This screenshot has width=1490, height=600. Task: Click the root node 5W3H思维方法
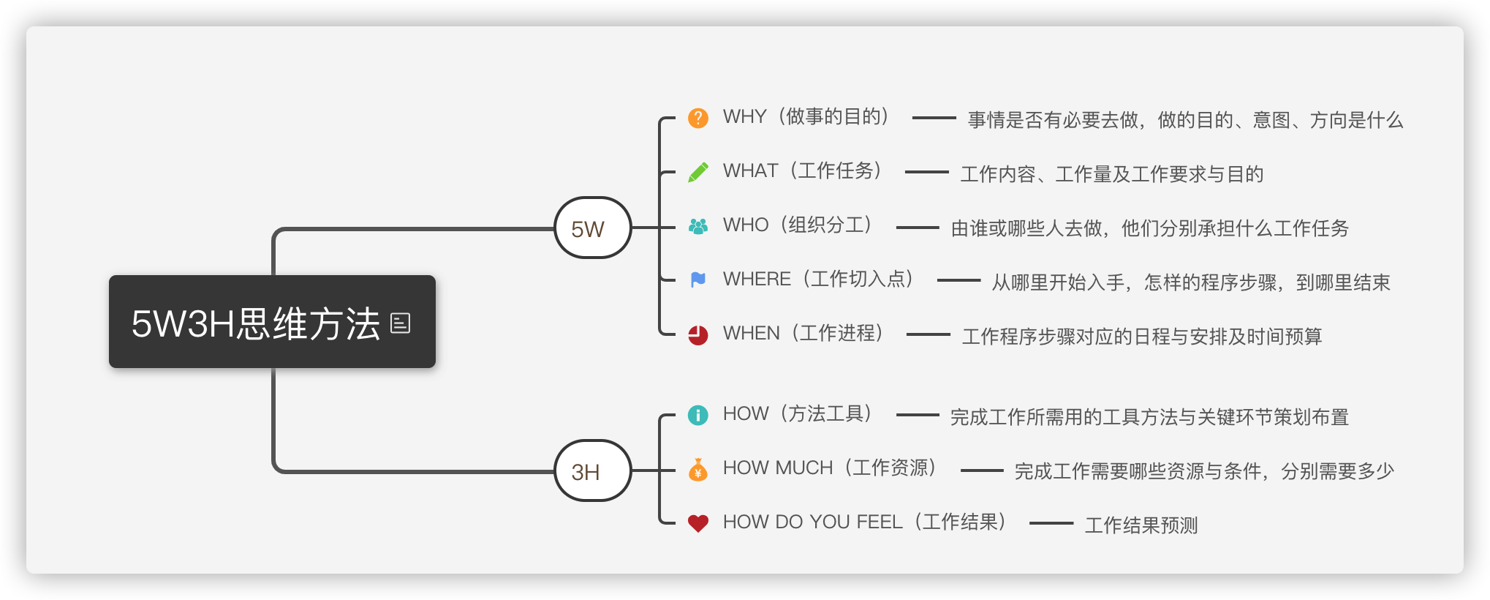[256, 323]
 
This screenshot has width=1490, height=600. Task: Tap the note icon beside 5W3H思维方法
[401, 323]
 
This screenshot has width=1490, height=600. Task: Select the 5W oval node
[592, 228]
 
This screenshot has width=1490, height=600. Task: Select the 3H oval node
[592, 471]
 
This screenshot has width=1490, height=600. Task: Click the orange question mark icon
[698, 118]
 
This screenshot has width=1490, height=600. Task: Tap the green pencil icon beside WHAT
[698, 172]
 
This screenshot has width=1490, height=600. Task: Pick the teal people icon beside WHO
[698, 226]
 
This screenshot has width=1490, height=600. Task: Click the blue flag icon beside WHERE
[698, 280]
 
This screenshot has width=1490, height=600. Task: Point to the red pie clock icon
[698, 334]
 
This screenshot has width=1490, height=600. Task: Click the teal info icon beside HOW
[698, 415]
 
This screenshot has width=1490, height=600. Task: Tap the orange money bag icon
[698, 469]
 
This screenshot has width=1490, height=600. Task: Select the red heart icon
[698, 523]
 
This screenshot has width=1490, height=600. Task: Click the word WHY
[744, 117]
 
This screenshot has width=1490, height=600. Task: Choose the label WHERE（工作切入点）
[818, 279]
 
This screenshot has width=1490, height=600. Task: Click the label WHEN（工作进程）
[803, 333]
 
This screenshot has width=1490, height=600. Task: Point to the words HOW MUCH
[777, 468]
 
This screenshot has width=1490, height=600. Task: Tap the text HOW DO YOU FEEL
[812, 522]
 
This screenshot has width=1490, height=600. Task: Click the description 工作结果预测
[1141, 525]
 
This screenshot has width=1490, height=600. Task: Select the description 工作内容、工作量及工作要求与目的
[1111, 174]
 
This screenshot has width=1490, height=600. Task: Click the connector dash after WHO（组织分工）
[918, 228]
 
